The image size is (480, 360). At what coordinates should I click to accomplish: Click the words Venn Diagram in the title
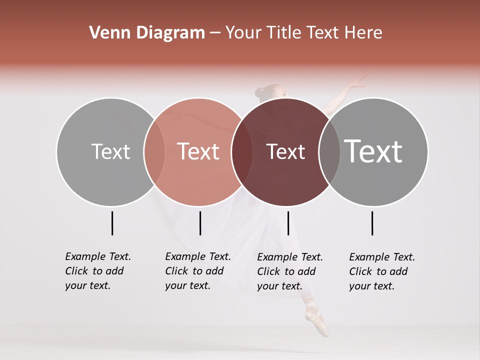pos(147,33)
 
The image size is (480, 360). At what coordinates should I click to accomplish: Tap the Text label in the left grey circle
pos(110,151)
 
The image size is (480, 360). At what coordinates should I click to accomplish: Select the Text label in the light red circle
pos(198,151)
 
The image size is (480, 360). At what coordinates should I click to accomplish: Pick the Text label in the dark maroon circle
pos(285,151)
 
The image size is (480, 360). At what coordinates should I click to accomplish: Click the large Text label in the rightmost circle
pos(373,151)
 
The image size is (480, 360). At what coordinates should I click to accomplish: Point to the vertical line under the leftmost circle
pos(112,223)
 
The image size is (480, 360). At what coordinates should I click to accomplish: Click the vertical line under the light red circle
pos(200,223)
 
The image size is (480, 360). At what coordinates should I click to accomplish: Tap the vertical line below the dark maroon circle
pos(288,223)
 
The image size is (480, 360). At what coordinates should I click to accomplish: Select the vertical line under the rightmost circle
pos(372,223)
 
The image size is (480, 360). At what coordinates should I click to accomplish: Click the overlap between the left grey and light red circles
pos(154,151)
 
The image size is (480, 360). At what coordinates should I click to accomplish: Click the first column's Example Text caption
pos(97,271)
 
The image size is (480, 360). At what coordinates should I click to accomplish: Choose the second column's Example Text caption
pos(197,271)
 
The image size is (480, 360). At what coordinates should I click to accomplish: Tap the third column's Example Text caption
pos(289,271)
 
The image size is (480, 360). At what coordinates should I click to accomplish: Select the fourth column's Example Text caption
pos(381,271)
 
